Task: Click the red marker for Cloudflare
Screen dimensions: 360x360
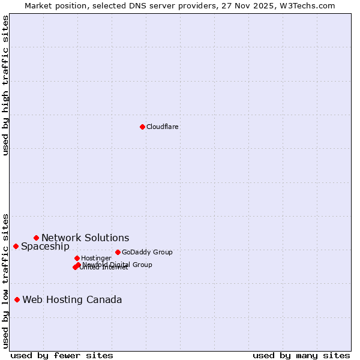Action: [142, 127]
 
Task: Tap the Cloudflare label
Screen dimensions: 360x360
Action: [163, 127]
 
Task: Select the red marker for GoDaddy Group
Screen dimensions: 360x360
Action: [118, 252]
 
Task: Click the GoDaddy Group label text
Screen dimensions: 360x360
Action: [147, 252]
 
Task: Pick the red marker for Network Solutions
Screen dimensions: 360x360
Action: [36, 238]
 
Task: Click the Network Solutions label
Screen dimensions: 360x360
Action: [85, 238]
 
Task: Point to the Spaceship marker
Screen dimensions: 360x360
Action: [16, 246]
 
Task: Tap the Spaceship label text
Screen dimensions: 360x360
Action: [45, 247]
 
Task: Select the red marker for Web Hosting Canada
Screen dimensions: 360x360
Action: [17, 299]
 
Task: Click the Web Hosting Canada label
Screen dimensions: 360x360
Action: [72, 300]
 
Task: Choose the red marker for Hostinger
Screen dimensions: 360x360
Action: [77, 258]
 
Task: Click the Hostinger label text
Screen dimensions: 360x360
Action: [96, 258]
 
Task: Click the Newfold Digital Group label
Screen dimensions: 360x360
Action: [118, 265]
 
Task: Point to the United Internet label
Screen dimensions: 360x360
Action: [104, 268]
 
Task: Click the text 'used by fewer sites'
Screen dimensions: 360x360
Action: [62, 355]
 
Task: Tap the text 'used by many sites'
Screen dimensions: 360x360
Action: [301, 355]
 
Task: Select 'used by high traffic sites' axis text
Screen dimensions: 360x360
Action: [5, 85]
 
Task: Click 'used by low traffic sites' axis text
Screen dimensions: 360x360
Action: [5, 281]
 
